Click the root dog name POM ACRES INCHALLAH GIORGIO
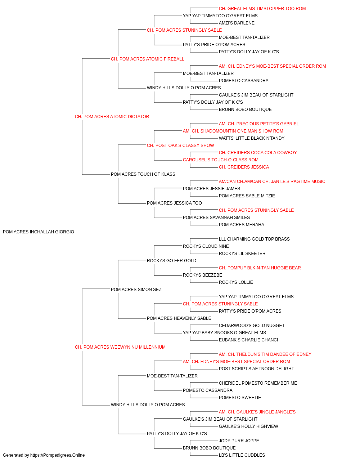coord(39,232)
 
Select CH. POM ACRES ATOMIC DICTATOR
coord(112,116)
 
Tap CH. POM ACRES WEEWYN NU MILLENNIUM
coord(120,347)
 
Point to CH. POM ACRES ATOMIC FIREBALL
coord(147,59)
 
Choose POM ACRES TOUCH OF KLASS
coord(143,174)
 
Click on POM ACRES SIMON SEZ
coord(136,289)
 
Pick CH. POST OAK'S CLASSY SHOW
coord(180,145)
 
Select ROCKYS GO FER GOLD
coord(171,260)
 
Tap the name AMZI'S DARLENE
coord(237,23)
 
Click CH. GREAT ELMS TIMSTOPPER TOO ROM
coord(262,9)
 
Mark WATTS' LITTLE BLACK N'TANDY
coord(251,138)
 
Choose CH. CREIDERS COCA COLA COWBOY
coord(258,153)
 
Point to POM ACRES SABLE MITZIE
coord(247,196)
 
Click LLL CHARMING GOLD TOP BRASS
coord(254,239)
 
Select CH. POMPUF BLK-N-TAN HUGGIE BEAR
coord(260,268)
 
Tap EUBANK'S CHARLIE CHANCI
coord(248,340)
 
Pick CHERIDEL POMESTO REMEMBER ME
coord(258,383)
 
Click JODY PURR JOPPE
coord(239,440)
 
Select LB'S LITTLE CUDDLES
coord(242,455)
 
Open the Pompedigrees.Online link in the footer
coord(57,455)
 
